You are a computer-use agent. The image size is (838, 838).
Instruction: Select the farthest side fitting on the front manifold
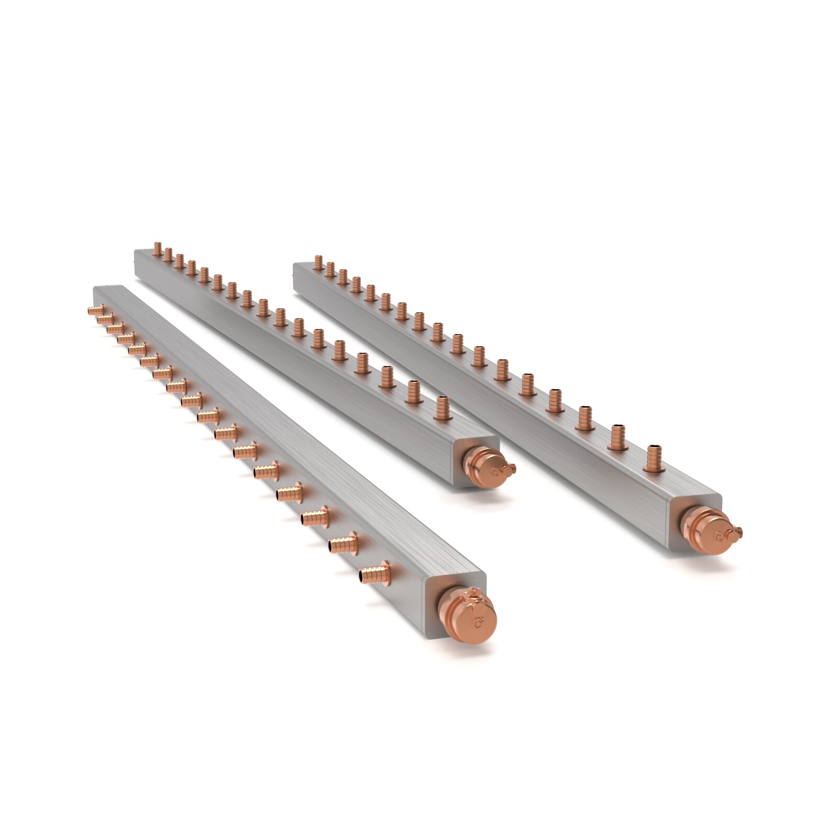(x=95, y=310)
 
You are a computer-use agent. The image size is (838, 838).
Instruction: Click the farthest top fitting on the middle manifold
(x=157, y=249)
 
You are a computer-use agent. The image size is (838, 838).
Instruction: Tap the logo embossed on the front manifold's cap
(x=477, y=624)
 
